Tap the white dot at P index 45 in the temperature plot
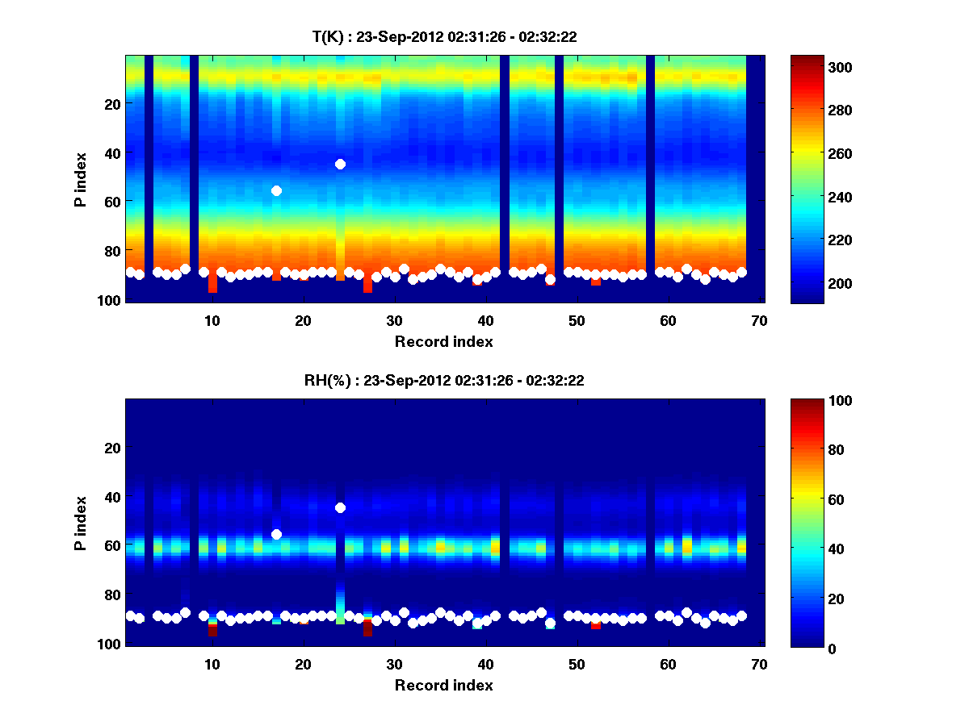click(x=340, y=164)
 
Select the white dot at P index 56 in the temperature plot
click(x=276, y=190)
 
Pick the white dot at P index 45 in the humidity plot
click(x=340, y=507)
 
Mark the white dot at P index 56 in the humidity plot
click(x=276, y=534)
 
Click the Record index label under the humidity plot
click(x=443, y=685)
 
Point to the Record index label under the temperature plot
click(x=443, y=341)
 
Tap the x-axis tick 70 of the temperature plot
click(x=759, y=320)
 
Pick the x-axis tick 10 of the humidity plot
click(x=212, y=664)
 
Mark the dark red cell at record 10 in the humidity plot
click(x=212, y=630)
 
